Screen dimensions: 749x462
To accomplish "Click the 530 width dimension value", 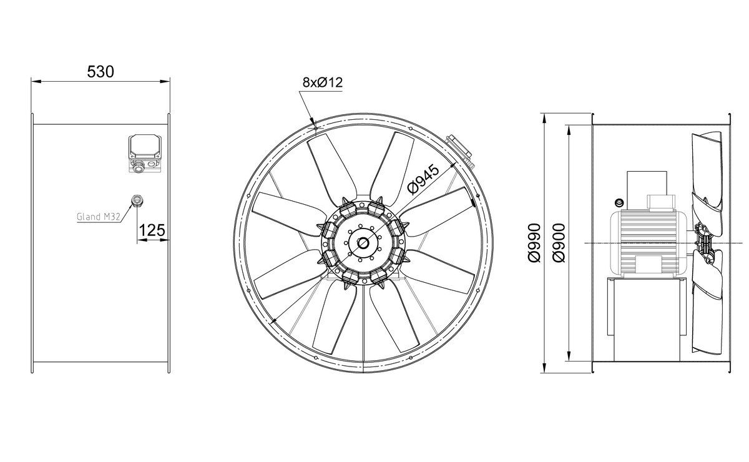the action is pos(100,72).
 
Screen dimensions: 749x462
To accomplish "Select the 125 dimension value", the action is pos(152,230).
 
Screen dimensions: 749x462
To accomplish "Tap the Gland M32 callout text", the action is pos(99,217).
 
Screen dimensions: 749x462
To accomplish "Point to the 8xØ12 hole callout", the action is pos(323,82).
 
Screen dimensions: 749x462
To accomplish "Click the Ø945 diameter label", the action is pos(424,180).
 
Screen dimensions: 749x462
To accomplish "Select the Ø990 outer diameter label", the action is pos(534,243).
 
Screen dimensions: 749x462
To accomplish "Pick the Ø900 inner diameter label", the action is pos(559,243).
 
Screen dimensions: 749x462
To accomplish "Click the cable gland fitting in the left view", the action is pos(137,200).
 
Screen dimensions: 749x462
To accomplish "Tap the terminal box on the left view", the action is pos(145,154).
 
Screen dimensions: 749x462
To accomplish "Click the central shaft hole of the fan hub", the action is pos(363,243).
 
